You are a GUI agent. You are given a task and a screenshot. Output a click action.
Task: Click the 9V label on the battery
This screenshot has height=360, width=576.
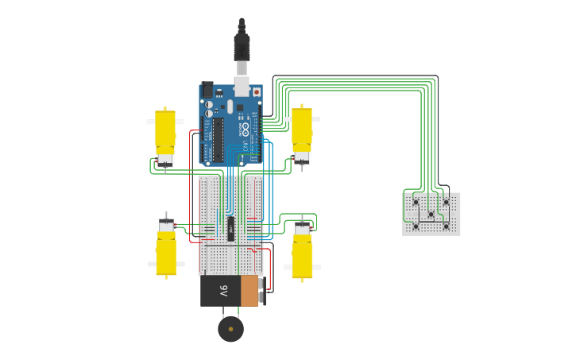223,291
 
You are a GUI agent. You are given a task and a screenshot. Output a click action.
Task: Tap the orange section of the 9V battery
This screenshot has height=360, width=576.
249,291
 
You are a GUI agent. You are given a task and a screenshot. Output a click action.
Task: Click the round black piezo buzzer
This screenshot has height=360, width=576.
230,328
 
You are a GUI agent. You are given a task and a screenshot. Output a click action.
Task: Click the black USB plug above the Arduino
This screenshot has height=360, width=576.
242,45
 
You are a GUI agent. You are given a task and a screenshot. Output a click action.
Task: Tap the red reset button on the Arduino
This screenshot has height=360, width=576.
256,92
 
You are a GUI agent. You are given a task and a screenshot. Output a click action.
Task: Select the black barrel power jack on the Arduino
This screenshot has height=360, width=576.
207,90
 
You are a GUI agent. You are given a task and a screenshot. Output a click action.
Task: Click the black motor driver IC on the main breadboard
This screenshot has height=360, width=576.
230,229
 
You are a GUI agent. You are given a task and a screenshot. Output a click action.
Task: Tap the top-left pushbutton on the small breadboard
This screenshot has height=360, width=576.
416,202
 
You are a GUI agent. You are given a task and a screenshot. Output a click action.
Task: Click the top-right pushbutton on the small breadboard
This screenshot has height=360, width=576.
446,202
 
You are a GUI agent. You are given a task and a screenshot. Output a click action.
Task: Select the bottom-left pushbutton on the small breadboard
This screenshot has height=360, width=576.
416,226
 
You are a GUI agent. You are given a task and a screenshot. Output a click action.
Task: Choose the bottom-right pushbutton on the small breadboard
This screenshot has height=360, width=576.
446,226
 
